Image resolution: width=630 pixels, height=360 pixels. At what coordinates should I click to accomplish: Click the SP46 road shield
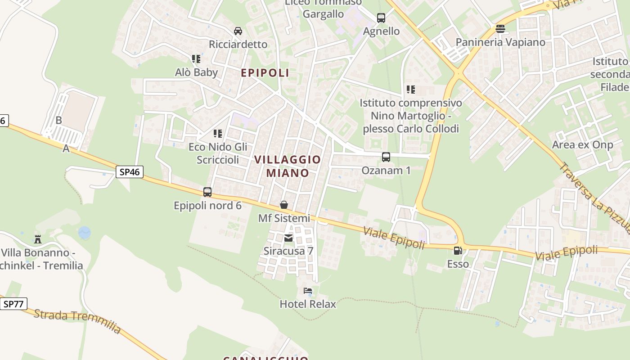pos(130,171)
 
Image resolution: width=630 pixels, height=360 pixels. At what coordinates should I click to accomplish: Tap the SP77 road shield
pos(13,304)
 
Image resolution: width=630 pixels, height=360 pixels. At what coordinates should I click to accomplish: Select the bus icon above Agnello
pos(381,18)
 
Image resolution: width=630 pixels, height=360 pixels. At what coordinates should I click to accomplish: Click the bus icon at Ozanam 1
pos(386,157)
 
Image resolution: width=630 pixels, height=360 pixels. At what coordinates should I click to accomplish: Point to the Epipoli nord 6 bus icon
pos(207,192)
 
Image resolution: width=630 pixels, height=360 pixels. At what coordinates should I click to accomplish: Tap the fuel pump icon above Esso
pos(458,251)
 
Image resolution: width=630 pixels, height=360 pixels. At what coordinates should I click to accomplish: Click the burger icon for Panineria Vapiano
pos(500,29)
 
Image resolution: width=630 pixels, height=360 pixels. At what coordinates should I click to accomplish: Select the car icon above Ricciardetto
pos(238,31)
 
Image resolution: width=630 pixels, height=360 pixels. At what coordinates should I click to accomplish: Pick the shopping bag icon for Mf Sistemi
pos(284,205)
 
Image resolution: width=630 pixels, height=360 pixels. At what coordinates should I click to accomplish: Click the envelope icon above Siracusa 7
pos(288,238)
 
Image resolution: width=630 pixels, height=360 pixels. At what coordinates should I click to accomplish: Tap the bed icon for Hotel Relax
pos(308,291)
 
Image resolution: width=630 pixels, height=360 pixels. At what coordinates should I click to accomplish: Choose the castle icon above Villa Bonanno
pos(38,239)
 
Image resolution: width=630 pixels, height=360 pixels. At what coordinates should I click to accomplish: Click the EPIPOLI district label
pos(265,73)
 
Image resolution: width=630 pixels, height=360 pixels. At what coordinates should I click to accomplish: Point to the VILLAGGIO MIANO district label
pos(288,166)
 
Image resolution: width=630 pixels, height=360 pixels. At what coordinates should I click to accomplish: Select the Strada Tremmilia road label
pos(77,321)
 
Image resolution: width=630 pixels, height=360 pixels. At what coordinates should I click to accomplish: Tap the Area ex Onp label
pos(582,145)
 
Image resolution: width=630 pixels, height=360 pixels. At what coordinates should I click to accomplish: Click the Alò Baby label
pos(196,72)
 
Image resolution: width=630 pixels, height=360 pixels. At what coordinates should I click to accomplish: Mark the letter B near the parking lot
pos(58,120)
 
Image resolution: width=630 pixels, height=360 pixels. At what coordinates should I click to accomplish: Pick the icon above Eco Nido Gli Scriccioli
pos(218,134)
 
